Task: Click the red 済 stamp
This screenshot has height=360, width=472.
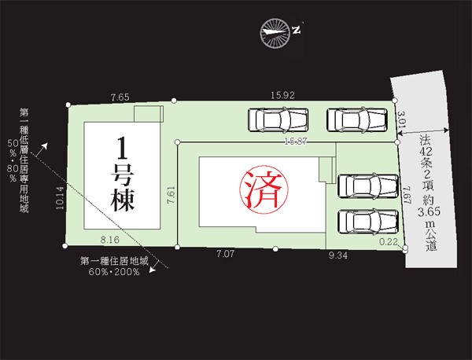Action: (264, 189)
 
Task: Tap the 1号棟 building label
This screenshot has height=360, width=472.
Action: (122, 174)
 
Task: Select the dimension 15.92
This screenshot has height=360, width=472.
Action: (282, 95)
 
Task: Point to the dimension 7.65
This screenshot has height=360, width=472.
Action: (120, 97)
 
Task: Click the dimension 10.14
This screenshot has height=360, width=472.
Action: (60, 197)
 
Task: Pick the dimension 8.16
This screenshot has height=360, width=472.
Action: (110, 240)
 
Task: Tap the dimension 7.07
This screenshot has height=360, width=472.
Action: (225, 254)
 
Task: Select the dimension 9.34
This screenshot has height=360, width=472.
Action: (338, 255)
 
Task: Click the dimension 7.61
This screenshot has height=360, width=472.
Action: (171, 195)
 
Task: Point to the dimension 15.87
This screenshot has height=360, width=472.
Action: (296, 141)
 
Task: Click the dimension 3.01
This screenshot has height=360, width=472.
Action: (402, 119)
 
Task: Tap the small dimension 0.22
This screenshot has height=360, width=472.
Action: (389, 242)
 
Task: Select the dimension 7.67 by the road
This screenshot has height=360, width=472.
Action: (407, 195)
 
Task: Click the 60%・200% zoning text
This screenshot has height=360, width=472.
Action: (114, 272)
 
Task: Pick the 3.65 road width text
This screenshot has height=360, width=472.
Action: (429, 211)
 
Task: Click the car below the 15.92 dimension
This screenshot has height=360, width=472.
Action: (278, 120)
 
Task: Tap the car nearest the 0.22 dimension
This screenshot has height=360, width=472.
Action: (368, 222)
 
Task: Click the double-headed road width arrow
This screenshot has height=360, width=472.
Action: (425, 131)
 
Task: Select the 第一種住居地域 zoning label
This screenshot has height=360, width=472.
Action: (114, 261)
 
